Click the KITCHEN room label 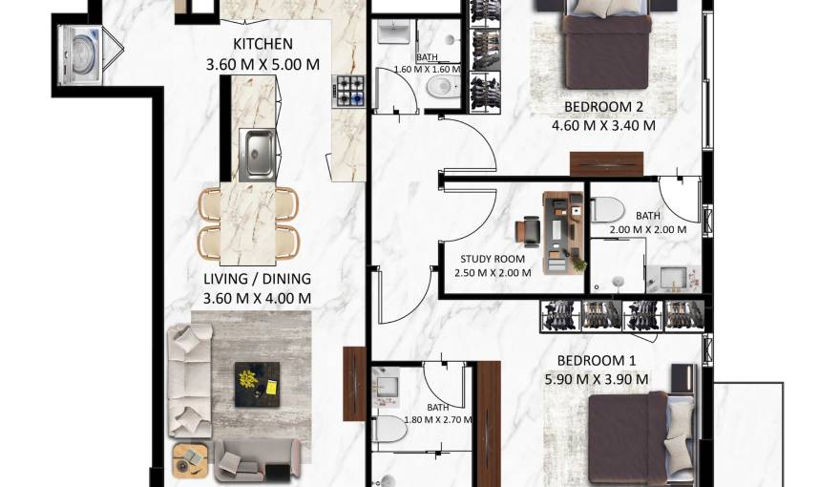(x=262, y=44)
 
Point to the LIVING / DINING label (x=257, y=279)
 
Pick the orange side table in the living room (x=189, y=460)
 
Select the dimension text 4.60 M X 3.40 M (x=602, y=125)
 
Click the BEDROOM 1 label (x=597, y=360)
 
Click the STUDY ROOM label (x=493, y=259)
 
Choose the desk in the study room (x=562, y=232)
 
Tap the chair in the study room (x=530, y=231)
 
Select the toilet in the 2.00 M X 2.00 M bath (x=607, y=209)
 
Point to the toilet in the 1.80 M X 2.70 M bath (x=389, y=431)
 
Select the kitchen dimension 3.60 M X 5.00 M (x=262, y=64)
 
